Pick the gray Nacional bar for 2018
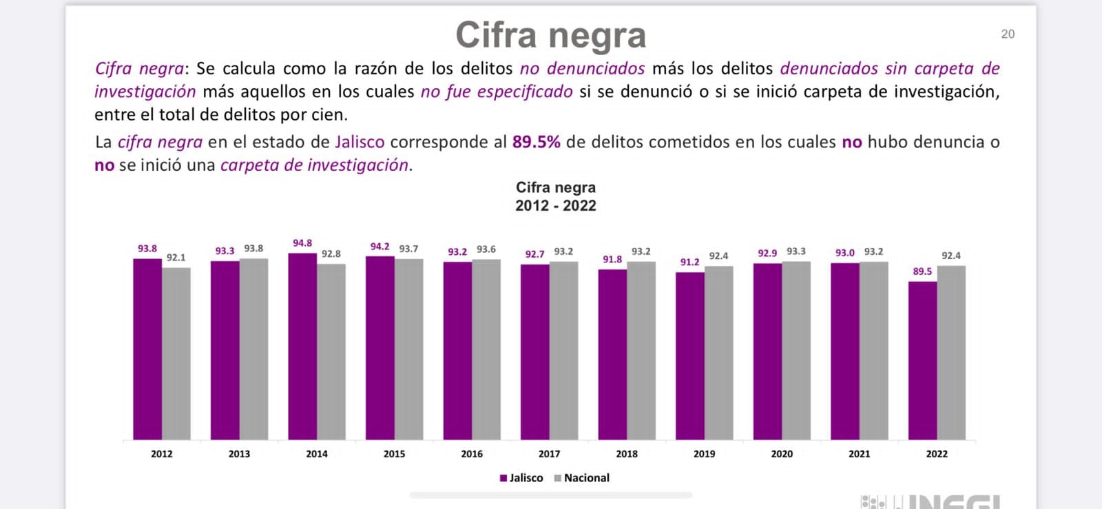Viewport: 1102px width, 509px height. point(641,351)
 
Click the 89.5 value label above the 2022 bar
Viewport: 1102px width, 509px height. point(922,271)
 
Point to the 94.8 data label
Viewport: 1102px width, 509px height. point(302,243)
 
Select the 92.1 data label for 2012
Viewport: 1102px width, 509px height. point(176,258)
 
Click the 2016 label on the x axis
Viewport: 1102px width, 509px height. point(472,454)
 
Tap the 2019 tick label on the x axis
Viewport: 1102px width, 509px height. point(704,454)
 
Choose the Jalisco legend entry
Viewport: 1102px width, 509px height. point(521,478)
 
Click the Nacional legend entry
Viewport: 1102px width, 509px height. point(582,478)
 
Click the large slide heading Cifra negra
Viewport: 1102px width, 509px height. point(550,35)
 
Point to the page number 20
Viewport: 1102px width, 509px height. point(1008,34)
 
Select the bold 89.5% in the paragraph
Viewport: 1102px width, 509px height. point(536,142)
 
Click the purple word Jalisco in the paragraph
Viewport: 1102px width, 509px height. point(360,142)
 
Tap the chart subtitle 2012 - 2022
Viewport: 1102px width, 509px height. point(556,205)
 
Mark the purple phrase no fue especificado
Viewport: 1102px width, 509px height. point(497,92)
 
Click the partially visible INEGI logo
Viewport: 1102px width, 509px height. point(930,501)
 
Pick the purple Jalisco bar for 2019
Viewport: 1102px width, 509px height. point(689,356)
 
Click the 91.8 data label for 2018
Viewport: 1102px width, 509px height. point(612,260)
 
